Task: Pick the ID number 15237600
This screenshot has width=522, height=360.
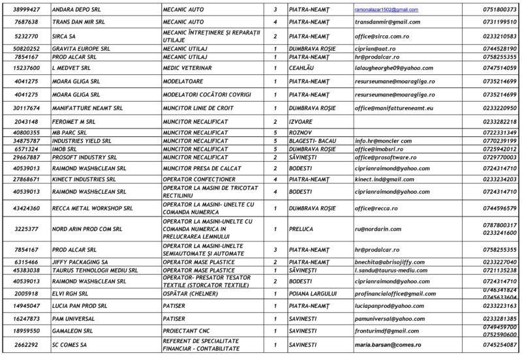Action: [x=27, y=67]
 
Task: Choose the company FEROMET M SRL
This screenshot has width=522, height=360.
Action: [x=73, y=121]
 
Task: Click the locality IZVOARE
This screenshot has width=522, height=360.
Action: [x=302, y=121]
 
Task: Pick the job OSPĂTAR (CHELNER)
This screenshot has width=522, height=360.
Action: [x=191, y=293]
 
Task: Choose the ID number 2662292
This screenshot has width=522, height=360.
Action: [x=27, y=344]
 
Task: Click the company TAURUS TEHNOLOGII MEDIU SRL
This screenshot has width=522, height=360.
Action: [x=95, y=270]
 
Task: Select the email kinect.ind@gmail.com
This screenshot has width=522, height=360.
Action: [x=384, y=179]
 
